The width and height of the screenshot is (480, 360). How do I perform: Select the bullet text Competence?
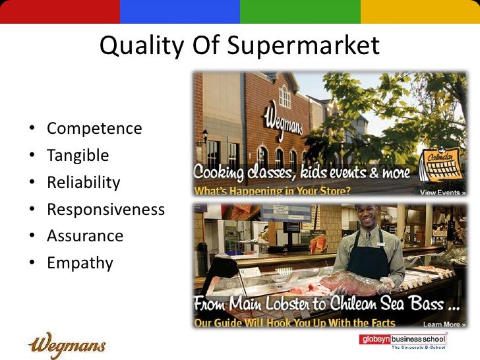(x=94, y=128)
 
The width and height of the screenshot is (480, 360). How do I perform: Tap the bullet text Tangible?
(x=78, y=156)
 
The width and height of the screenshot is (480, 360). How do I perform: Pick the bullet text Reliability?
(x=84, y=183)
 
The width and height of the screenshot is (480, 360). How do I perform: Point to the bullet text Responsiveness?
(x=105, y=210)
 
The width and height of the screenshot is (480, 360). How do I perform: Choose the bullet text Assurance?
(x=85, y=236)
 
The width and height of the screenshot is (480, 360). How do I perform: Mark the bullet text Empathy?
(x=80, y=263)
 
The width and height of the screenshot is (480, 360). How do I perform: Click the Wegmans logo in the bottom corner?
(x=67, y=344)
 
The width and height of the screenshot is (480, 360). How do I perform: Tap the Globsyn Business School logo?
(x=402, y=341)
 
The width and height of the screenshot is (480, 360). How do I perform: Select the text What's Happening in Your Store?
(x=272, y=192)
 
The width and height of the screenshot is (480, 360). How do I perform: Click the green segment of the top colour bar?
(x=300, y=11)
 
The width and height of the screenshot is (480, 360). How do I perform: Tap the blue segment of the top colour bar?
(x=180, y=11)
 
